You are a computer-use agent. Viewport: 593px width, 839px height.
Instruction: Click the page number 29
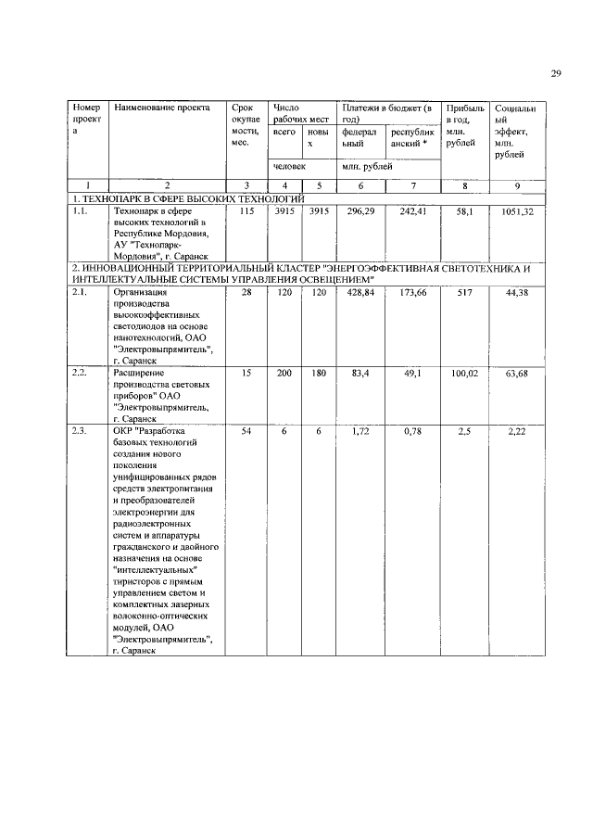(555, 75)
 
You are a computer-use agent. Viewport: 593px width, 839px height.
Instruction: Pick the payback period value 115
(246, 212)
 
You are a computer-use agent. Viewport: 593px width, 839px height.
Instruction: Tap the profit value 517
(465, 293)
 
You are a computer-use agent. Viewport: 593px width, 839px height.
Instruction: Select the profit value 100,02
(465, 373)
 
